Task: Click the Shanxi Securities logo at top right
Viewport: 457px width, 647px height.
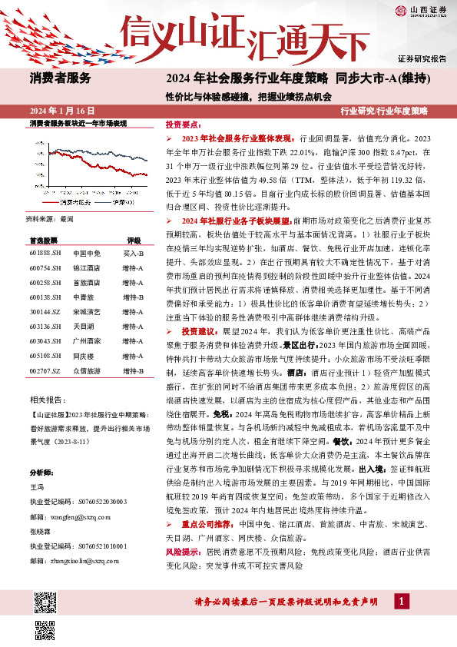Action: pyautogui.click(x=422, y=10)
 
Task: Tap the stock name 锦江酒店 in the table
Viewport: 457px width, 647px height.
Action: pyautogui.click(x=85, y=267)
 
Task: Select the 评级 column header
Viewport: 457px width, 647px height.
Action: pyautogui.click(x=134, y=240)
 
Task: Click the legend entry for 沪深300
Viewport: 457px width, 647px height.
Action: pyautogui.click(x=115, y=201)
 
